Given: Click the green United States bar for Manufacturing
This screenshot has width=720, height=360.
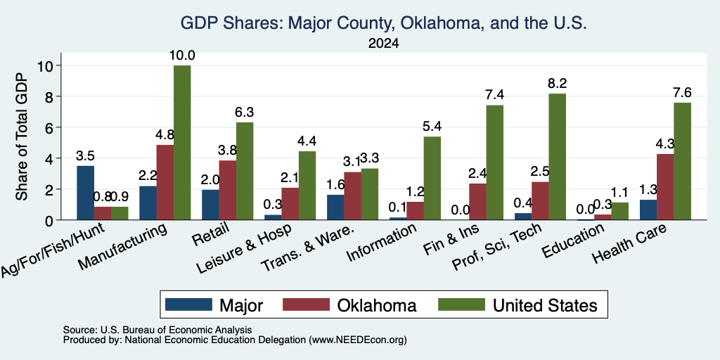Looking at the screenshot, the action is pos(182,143).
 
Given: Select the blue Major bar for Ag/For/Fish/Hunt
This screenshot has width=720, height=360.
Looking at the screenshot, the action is pos(85,193).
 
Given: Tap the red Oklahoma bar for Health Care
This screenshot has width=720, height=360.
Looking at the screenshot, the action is pos(665,187).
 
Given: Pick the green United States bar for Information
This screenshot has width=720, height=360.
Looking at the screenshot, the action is pos(432,178).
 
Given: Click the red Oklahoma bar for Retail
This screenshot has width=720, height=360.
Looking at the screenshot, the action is pos(228,190).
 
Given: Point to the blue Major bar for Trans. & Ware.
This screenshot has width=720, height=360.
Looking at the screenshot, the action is pos(335,207).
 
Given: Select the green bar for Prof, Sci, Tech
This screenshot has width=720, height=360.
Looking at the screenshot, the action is pos(557,157).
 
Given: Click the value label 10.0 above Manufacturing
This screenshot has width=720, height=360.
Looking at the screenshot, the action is pos(182,56).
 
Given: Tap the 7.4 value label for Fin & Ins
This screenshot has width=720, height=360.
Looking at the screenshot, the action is pos(494,95).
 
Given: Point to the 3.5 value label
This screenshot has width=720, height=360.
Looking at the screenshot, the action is pos(85,155).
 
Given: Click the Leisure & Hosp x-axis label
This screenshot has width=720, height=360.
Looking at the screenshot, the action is pos(244,248).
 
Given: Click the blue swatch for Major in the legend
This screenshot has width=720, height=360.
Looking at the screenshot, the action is pos(188,304).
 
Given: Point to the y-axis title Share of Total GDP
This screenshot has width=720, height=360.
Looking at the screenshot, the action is pos(22,136).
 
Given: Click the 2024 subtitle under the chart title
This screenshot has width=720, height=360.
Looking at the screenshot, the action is pos(383,44).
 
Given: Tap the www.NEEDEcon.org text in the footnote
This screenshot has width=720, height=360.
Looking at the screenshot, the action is pos(358,340).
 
